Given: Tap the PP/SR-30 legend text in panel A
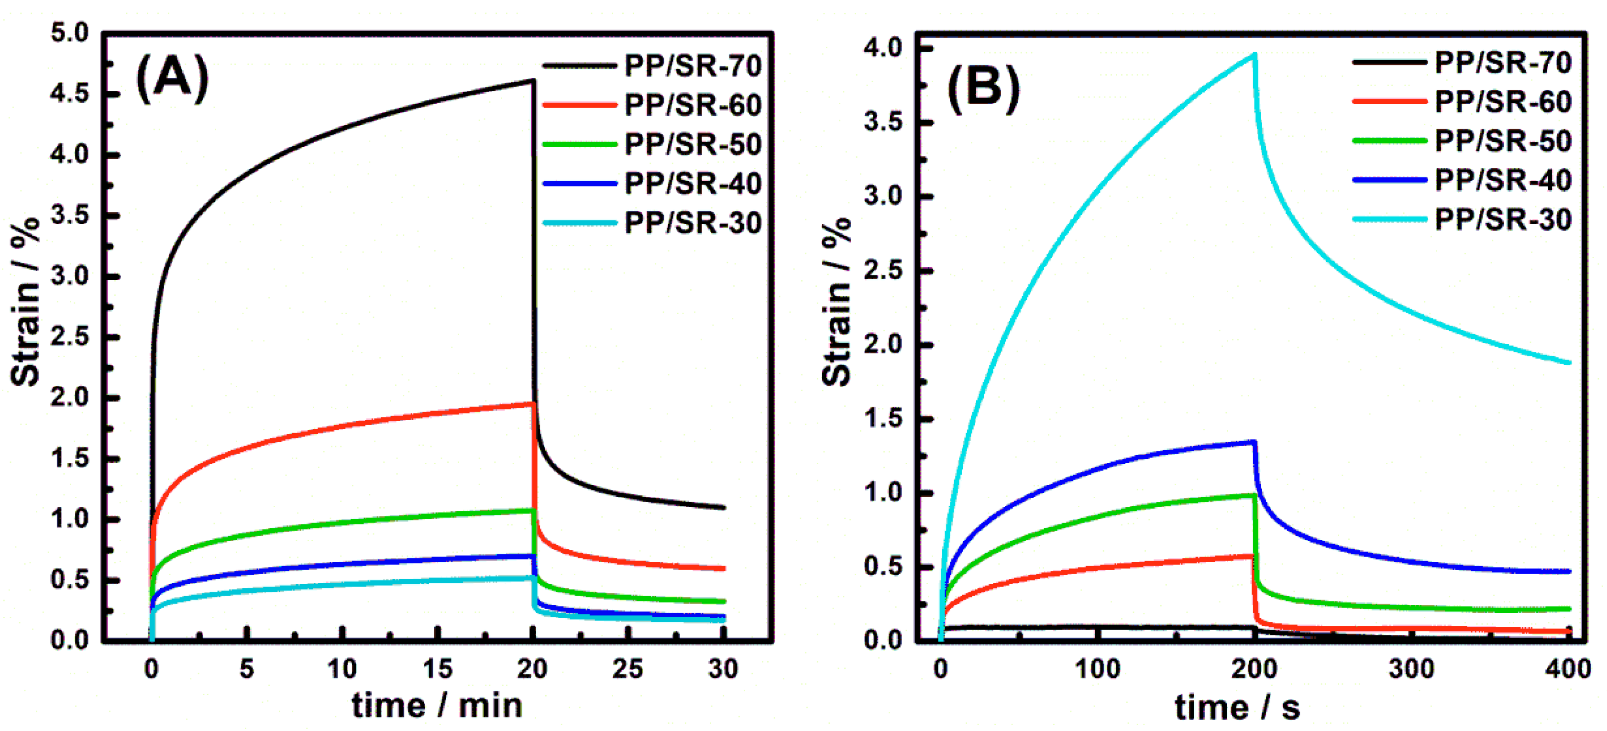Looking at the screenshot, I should (x=693, y=223).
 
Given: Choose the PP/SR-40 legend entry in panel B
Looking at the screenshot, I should (x=1502, y=180).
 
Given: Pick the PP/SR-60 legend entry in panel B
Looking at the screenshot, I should (x=1502, y=102).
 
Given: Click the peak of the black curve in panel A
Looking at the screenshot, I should (x=532, y=80).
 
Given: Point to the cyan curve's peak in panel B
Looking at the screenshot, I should (x=1255, y=55).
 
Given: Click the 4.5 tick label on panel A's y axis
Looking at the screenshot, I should (x=70, y=94).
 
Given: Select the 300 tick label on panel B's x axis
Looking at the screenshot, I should (x=1411, y=669).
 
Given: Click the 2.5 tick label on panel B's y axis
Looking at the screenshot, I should (x=883, y=271).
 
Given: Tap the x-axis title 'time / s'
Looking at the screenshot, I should (x=1238, y=707).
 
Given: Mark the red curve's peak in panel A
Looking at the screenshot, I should (x=532, y=404).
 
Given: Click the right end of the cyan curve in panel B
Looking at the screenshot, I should (x=1569, y=362).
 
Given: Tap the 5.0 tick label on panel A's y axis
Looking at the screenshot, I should (x=70, y=33).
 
